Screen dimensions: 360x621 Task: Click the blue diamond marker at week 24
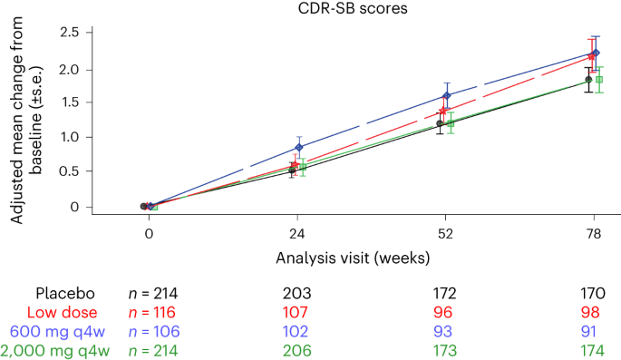tap(300, 147)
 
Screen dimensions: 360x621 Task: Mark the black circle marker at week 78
tap(588, 80)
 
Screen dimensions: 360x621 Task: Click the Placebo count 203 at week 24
tap(298, 293)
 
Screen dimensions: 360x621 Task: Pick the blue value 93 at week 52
tap(446, 331)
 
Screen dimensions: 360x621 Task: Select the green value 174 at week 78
tap(594, 350)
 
